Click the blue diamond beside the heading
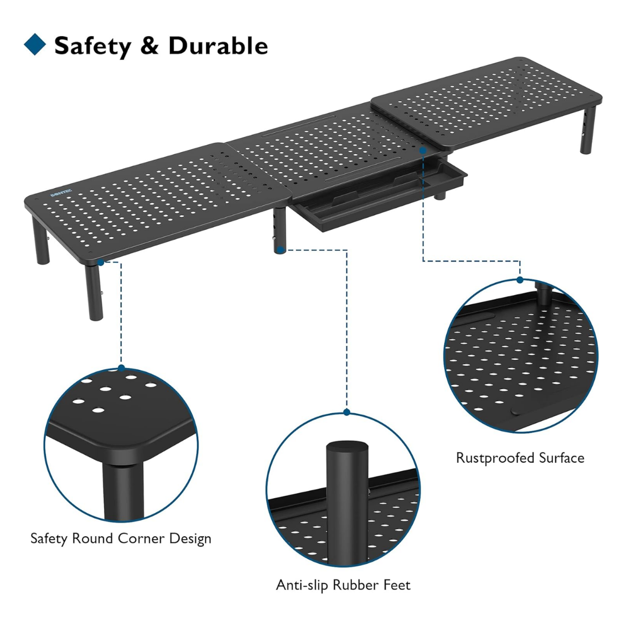pyautogui.click(x=35, y=44)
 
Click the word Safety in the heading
pyautogui.click(x=92, y=46)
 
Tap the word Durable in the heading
pyautogui.click(x=218, y=45)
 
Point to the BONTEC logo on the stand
pyautogui.click(x=61, y=193)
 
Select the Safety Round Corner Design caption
pyautogui.click(x=121, y=539)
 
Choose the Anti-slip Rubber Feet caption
pyautogui.click(x=343, y=585)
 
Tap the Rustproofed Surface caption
pyautogui.click(x=520, y=458)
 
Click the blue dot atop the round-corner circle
pyautogui.click(x=121, y=368)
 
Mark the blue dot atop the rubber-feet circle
pyautogui.click(x=346, y=412)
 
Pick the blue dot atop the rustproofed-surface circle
pyautogui.click(x=520, y=280)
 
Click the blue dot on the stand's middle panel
pyautogui.click(x=423, y=150)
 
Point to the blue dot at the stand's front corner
pyautogui.click(x=101, y=262)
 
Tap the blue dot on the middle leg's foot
pyautogui.click(x=280, y=250)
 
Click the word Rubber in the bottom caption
pyautogui.click(x=356, y=585)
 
